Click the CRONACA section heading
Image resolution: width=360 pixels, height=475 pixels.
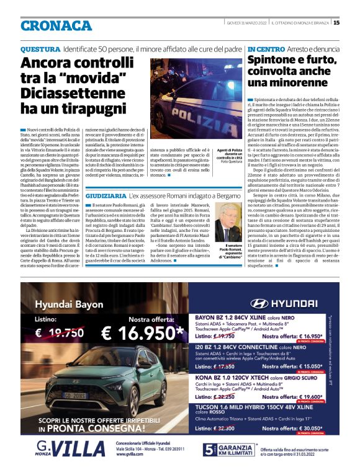tap(56, 25)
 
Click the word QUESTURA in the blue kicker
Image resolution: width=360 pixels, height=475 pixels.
tap(40, 48)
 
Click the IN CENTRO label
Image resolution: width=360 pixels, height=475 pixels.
tap(266, 48)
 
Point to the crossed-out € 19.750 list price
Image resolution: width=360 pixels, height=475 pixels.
tap(60, 332)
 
